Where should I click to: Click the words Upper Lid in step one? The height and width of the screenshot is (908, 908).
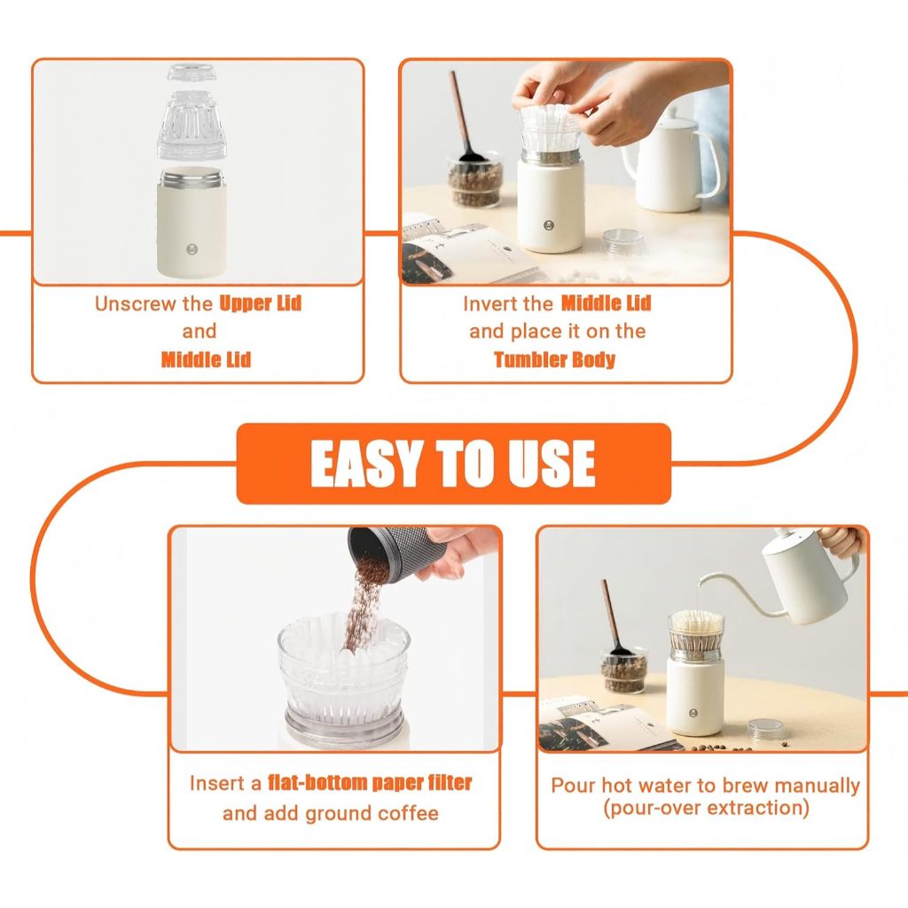coord(261,303)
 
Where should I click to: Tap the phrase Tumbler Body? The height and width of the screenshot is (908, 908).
coord(554,360)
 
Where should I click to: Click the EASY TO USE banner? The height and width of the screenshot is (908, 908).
coord(453,463)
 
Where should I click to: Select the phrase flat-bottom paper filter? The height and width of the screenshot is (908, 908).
coord(370,783)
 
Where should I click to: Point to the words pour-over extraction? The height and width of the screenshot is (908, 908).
coord(706,807)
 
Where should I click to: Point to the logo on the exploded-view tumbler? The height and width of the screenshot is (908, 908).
coord(192,249)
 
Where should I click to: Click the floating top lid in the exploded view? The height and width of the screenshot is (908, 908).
coord(192,73)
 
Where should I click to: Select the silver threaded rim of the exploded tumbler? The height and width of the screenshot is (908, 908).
coord(192,177)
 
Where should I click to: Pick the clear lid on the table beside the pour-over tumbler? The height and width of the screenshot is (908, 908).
coord(765,729)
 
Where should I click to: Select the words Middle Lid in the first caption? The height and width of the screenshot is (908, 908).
coord(206,360)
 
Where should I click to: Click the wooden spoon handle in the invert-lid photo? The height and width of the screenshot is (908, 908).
coord(460,110)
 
